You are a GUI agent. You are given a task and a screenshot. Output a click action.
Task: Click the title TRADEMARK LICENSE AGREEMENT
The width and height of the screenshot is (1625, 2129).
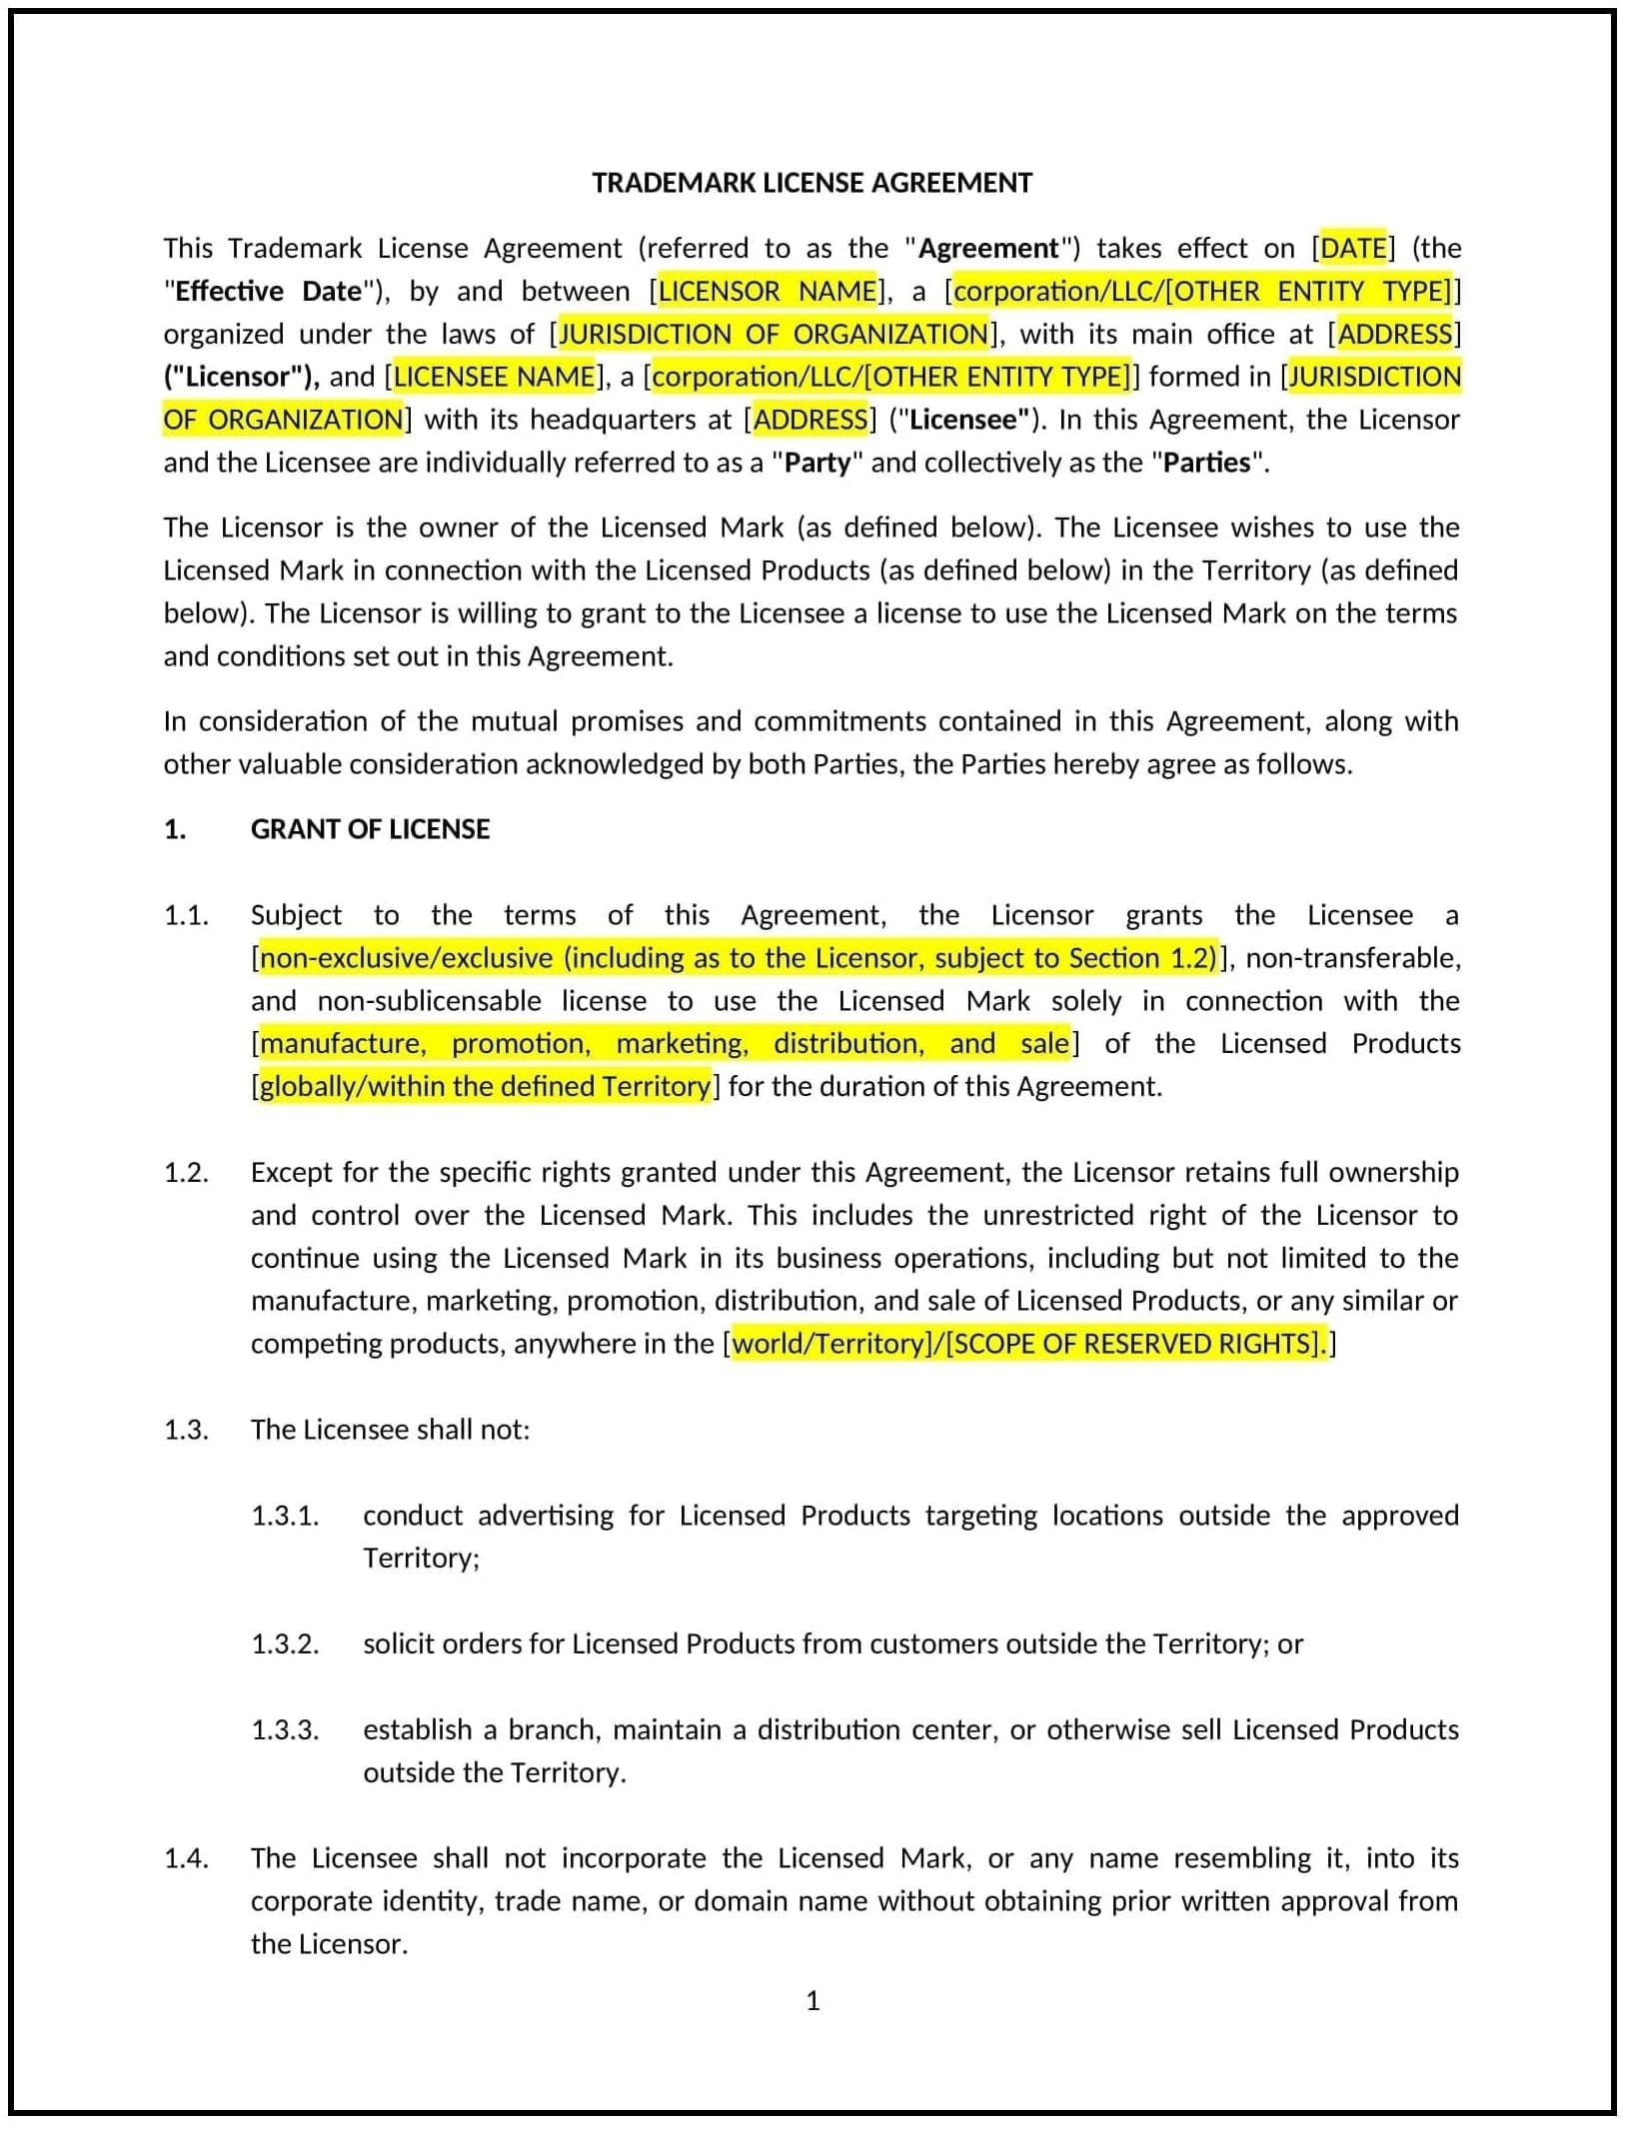click(812, 183)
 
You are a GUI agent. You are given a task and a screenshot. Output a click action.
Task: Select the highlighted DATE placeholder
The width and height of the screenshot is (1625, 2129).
click(1353, 248)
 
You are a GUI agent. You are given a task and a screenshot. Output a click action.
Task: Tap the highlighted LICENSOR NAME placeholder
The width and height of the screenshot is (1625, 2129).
click(767, 291)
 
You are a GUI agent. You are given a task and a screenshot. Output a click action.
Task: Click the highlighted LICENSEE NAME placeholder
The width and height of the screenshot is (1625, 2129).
click(494, 377)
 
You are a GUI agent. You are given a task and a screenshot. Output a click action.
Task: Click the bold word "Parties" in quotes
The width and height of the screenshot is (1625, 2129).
click(1206, 463)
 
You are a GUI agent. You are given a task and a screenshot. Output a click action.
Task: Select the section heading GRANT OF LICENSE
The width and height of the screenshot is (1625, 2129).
click(370, 829)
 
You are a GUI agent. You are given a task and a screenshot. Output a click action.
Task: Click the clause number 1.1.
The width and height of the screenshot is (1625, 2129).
click(186, 915)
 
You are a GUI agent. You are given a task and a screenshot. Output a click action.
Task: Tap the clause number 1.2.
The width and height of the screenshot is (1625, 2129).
click(186, 1172)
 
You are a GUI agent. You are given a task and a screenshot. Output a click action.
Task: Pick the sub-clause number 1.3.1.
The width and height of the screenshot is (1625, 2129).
click(285, 1516)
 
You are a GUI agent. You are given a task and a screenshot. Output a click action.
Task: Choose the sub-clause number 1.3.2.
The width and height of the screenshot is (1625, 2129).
click(285, 1643)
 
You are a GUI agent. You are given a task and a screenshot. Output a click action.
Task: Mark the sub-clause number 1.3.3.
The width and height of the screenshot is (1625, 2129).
click(285, 1729)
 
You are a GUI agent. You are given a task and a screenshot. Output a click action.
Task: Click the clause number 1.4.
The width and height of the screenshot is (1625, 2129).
click(186, 1858)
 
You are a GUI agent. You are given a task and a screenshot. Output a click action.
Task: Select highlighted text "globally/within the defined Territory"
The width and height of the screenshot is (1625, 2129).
click(486, 1086)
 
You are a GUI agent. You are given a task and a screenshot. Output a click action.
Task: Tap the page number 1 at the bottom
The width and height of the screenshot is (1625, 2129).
click(812, 2000)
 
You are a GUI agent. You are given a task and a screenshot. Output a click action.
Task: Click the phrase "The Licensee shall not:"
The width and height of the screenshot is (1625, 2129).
click(390, 1430)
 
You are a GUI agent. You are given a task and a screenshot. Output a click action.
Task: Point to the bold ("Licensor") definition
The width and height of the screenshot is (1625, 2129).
click(241, 377)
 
